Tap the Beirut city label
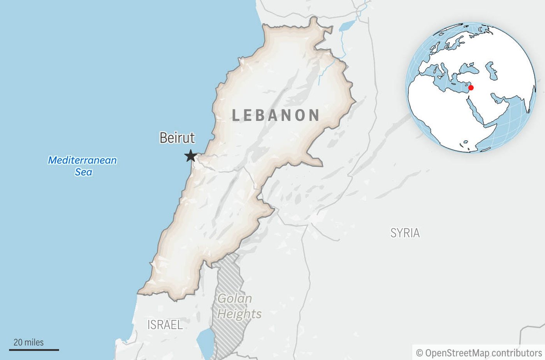coord(177,138)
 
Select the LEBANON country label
coord(276,115)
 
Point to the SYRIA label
coord(405,233)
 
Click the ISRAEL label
coord(165,325)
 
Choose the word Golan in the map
coord(235,299)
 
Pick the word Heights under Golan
coord(239,314)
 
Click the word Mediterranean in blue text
coord(82,160)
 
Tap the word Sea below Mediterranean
coord(83,172)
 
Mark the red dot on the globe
coord(471,88)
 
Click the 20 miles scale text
coord(28,342)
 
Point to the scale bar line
coord(34,350)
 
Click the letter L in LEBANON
coord(236,115)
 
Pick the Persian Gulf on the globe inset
coord(499,99)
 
